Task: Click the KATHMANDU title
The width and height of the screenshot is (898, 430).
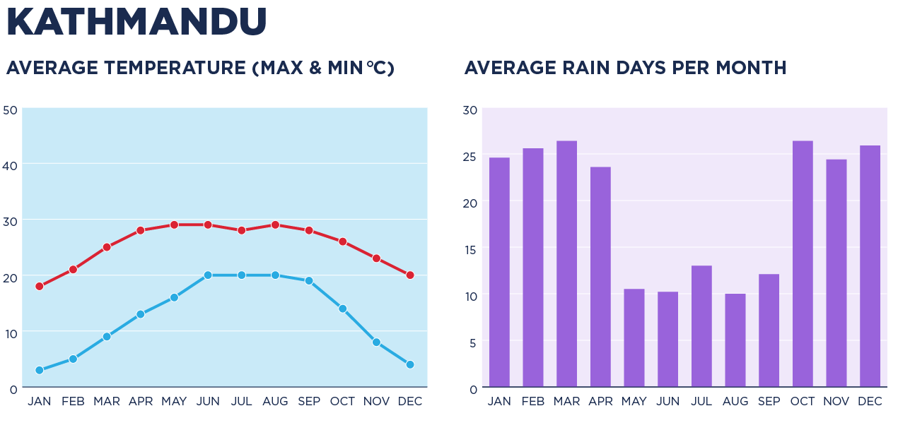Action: pyautogui.click(x=136, y=22)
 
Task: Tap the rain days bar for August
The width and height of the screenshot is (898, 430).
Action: pyautogui.click(x=735, y=340)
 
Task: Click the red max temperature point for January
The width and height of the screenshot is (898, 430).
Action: pyautogui.click(x=40, y=286)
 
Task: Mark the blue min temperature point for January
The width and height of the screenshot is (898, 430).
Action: pyautogui.click(x=40, y=370)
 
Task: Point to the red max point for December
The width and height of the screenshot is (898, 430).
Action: pyautogui.click(x=410, y=275)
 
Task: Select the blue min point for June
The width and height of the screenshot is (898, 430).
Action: pyautogui.click(x=208, y=275)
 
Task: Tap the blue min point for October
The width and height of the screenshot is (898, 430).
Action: pyautogui.click(x=343, y=309)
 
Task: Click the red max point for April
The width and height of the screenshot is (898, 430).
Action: pyautogui.click(x=141, y=230)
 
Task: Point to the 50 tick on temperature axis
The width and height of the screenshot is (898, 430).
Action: pyautogui.click(x=10, y=110)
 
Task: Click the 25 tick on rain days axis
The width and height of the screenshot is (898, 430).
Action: pyautogui.click(x=470, y=157)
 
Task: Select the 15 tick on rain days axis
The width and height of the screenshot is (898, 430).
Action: pyautogui.click(x=470, y=250)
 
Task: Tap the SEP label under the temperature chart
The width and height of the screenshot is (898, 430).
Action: pyautogui.click(x=309, y=402)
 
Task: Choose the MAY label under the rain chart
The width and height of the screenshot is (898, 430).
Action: pyautogui.click(x=634, y=402)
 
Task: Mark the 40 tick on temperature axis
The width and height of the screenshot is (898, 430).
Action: pyautogui.click(x=10, y=166)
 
